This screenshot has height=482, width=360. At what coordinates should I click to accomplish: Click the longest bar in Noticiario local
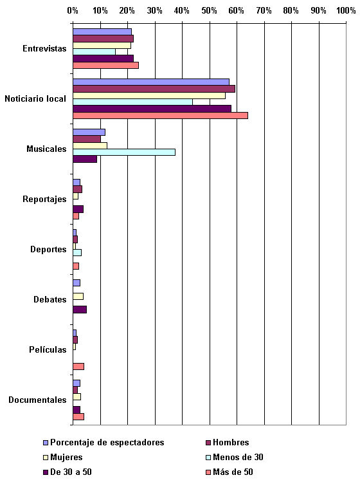point(160,116)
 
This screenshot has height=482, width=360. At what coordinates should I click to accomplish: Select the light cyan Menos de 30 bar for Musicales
point(124,152)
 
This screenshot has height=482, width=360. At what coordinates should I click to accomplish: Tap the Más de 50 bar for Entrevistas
point(105,66)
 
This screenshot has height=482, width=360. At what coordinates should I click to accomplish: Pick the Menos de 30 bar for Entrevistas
point(94,52)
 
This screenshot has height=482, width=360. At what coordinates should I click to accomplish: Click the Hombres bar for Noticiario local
point(154,89)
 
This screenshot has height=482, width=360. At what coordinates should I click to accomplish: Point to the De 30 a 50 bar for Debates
point(80,310)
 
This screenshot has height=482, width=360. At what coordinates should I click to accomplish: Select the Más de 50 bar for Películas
point(78,366)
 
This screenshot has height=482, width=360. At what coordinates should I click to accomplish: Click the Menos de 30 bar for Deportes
point(77,253)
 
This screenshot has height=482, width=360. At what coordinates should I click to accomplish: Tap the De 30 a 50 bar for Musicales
point(85,159)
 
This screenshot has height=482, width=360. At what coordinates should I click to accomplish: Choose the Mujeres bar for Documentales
point(76,397)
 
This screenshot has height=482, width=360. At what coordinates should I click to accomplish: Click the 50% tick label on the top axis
point(209,11)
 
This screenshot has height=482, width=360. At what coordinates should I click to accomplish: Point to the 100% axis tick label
point(346,11)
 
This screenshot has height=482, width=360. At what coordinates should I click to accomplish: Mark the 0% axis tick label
point(73,11)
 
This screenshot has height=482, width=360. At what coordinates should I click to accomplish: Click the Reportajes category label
point(44,199)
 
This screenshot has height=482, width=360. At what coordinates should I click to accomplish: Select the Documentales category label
point(37,400)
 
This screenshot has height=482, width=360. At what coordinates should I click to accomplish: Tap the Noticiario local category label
point(35,98)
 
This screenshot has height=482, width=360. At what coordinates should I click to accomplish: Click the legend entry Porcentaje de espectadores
point(104,443)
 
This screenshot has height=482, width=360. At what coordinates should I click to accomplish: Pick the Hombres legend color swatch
point(208,443)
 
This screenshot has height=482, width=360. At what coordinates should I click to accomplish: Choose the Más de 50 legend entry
point(230,472)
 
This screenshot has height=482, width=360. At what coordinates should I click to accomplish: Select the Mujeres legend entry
point(63,458)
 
